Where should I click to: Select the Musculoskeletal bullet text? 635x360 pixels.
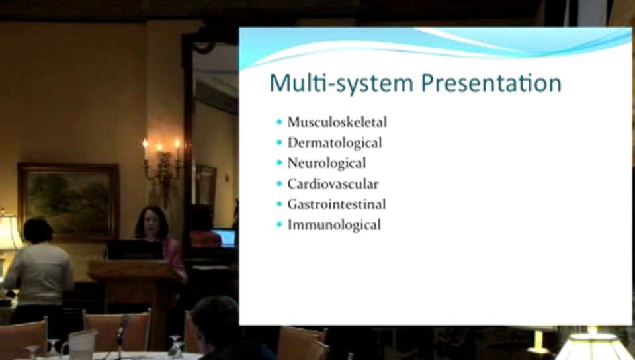[337, 122]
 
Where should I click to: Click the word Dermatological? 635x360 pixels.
[334, 142]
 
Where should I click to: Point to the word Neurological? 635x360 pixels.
[326, 163]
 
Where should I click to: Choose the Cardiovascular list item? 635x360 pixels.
[333, 183]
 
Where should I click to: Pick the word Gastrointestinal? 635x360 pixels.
[336, 204]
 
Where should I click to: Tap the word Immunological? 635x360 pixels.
[334, 224]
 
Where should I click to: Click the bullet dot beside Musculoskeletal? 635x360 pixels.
[279, 122]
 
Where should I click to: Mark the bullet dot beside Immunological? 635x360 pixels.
[279, 224]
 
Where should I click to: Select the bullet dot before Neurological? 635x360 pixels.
[279, 163]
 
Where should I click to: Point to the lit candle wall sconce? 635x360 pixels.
[161, 162]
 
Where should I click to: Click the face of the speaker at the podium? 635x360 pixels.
[150, 224]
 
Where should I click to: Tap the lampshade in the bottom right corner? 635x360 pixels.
[593, 346]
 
